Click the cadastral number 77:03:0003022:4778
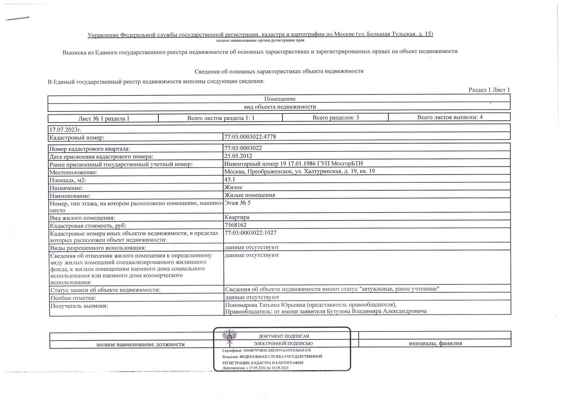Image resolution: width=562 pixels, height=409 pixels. coord(250,137)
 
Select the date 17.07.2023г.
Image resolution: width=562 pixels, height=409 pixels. coord(65,129)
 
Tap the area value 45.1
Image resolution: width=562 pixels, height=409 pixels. coord(230,179)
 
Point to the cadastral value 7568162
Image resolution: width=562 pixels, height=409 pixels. coord(235,225)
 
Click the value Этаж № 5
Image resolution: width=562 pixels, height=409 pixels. coord(237,203)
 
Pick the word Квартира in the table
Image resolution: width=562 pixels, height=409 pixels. coord(237,217)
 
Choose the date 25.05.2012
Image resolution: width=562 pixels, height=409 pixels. coord(238,156)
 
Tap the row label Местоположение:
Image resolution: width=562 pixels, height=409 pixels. coord(73,172)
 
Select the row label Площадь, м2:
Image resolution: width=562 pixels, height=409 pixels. coord(68,180)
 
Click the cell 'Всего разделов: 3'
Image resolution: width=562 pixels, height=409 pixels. coord(335,118)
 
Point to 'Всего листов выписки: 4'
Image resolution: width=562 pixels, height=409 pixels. coord(450,117)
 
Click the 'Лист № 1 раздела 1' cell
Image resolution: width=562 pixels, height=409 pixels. coord(104,119)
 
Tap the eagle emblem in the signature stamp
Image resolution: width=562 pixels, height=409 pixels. coord(229,337)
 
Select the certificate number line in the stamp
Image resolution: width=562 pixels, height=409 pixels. coord(266,350)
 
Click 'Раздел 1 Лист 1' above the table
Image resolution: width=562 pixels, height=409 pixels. coord(489,90)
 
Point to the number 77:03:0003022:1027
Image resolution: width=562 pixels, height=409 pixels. coord(251,233)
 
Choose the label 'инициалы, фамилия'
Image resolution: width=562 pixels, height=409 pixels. coord(435,343)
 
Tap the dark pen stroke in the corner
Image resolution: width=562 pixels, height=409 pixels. coord(18,19)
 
